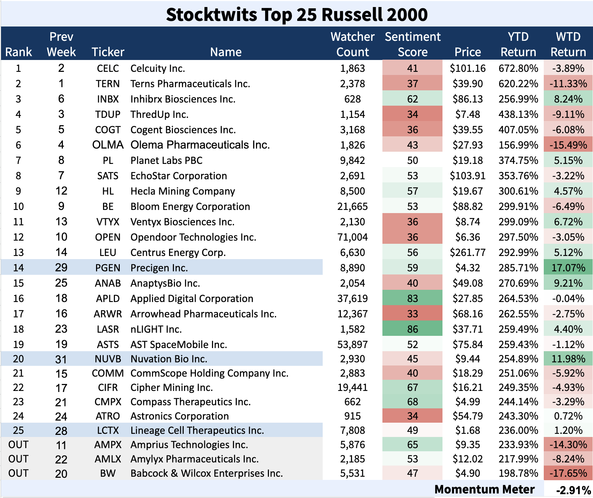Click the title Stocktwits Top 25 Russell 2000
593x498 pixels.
click(296, 15)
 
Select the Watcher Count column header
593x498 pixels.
click(352, 44)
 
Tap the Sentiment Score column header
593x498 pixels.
click(412, 44)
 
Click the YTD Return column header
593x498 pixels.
click(518, 44)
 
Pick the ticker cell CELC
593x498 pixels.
click(108, 68)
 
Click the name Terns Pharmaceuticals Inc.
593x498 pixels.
click(190, 84)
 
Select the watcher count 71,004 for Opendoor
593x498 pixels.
click(352, 237)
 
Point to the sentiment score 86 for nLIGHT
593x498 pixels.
click(412, 329)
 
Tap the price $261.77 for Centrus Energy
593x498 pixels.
click(468, 252)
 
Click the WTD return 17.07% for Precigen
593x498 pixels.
click(568, 268)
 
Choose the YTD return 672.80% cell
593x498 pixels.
click(518, 68)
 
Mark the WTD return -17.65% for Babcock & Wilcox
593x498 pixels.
click(568, 473)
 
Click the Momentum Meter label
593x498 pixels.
click(484, 490)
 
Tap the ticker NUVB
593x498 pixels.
click(108, 359)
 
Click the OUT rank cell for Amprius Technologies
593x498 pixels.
click(19, 445)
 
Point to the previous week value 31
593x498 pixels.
click(61, 359)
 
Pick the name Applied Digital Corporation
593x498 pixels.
click(192, 299)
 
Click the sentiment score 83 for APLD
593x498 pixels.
click(412, 299)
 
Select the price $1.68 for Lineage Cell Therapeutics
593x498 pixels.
click(468, 430)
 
